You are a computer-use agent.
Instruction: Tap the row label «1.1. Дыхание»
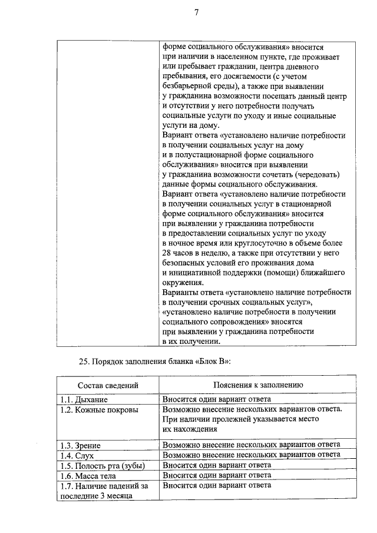pyautogui.click(x=84, y=399)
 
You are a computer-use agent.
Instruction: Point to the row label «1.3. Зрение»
pyautogui.click(x=81, y=445)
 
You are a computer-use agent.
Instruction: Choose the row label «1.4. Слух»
pyautogui.click(x=78, y=455)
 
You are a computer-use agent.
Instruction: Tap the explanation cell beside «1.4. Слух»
pyautogui.click(x=251, y=455)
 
